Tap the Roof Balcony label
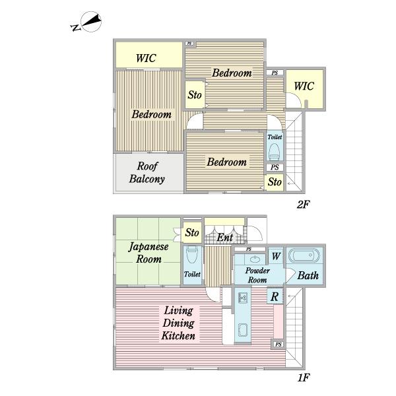point(147,172)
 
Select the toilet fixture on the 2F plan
point(274,152)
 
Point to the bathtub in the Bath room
point(304,256)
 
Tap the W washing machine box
point(275,256)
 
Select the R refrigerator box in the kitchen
point(275,296)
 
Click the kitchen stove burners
point(243,298)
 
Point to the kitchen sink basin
point(243,330)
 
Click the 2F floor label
point(303,205)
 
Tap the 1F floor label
point(304,378)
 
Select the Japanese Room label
point(148,253)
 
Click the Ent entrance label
point(225,238)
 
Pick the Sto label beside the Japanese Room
point(192,232)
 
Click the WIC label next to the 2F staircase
point(304,86)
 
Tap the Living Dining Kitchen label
point(179,323)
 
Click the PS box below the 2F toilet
point(275,167)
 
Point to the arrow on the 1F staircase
point(291,296)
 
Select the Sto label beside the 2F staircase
point(275,182)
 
